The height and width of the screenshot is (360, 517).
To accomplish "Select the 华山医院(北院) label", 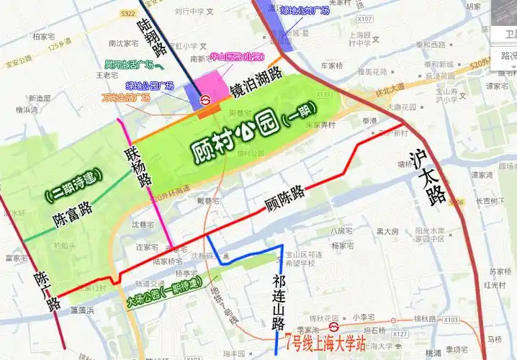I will point(237,57).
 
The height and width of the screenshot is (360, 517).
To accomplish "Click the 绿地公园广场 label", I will point(150,86).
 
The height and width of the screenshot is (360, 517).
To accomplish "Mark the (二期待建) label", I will point(72,185).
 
